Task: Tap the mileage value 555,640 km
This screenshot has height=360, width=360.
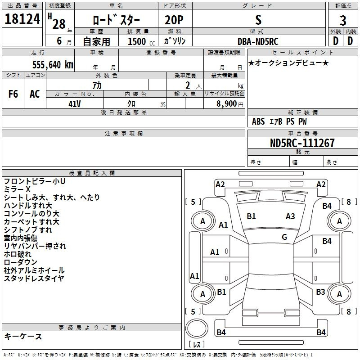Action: (53, 64)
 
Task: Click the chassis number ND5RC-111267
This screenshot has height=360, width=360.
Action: (302, 143)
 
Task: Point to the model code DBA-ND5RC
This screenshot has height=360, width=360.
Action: (258, 41)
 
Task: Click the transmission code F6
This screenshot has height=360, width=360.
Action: (13, 94)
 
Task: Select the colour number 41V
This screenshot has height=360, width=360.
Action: (74, 104)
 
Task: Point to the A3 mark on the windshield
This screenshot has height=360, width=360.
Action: (290, 216)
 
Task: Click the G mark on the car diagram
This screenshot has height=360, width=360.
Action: (284, 237)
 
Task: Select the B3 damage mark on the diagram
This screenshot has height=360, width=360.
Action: (320, 292)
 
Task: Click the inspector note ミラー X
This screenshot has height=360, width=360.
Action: (17, 189)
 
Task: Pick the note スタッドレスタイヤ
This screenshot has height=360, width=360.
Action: (34, 279)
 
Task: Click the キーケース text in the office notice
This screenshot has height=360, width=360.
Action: (23, 337)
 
